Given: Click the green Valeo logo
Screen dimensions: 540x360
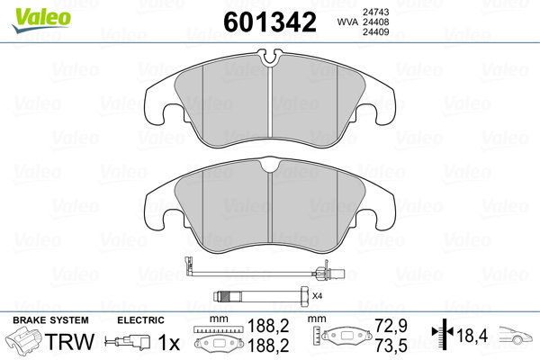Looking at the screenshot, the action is pos(41,20).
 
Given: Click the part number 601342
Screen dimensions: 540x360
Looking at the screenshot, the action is pos(270,22).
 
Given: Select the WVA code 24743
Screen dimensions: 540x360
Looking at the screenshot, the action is pos(375,12).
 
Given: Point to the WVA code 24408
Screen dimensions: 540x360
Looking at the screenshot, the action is pos(375,22).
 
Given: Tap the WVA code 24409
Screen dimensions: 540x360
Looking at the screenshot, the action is pos(375,32).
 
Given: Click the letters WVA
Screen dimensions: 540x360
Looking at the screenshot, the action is pos(347,22).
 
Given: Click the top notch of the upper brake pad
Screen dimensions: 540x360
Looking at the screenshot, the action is pos(270,58).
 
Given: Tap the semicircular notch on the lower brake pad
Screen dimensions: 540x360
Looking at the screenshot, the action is pos(270,166).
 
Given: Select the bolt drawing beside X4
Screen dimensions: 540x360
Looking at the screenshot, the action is pos(261,296).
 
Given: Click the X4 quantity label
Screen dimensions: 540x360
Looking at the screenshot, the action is pos(317,296).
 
